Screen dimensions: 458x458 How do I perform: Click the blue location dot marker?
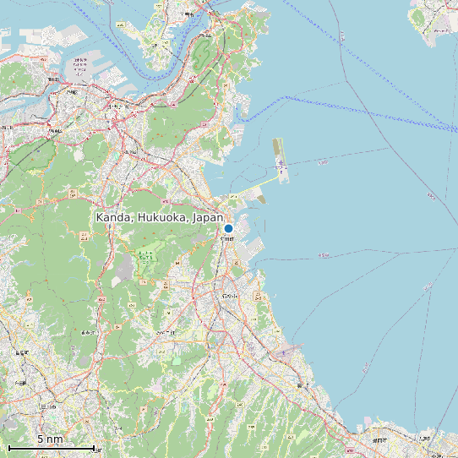click(x=228, y=228)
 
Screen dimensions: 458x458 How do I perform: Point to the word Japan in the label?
click(x=208, y=218)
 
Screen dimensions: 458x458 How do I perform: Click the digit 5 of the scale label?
click(x=39, y=439)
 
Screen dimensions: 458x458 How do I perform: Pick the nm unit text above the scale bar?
click(x=54, y=439)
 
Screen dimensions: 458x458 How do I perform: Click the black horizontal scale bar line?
click(x=51, y=447)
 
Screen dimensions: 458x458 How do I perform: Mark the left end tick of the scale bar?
click(x=8, y=447)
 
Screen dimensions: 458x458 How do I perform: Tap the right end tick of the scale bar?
click(x=94, y=447)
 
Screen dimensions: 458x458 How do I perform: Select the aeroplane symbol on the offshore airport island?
click(x=281, y=162)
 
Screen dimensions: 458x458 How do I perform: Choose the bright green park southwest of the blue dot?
click(x=147, y=258)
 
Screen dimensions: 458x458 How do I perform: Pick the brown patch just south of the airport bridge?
click(x=260, y=199)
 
